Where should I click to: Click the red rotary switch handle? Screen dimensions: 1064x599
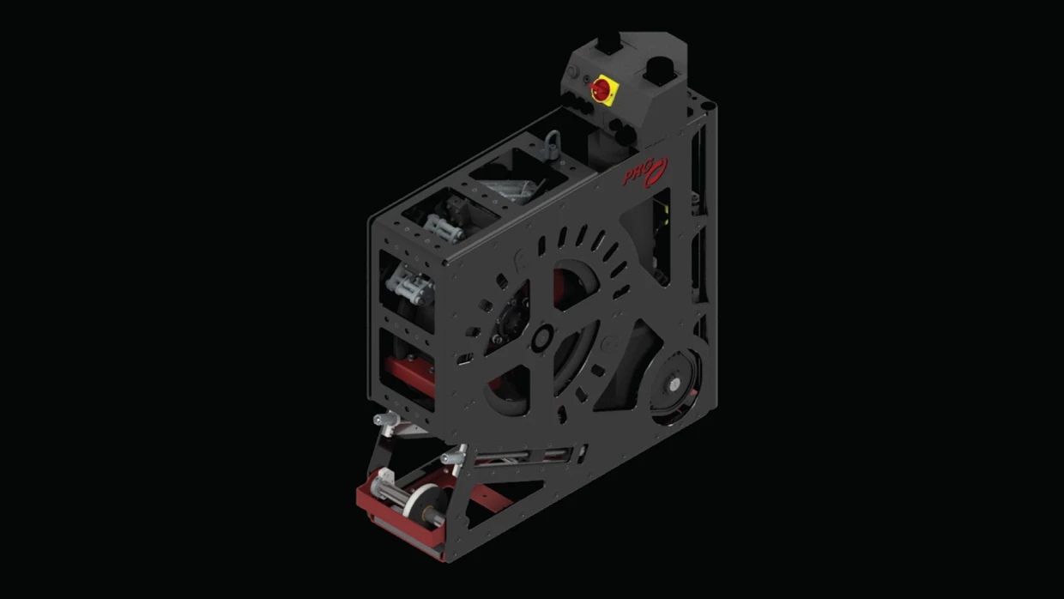602,88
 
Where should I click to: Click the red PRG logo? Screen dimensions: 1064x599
645,172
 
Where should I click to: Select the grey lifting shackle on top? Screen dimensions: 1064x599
552,142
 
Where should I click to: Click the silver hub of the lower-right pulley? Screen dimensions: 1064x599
673,381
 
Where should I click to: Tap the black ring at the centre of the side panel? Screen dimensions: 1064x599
542,338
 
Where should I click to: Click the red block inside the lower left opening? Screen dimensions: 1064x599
409,374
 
